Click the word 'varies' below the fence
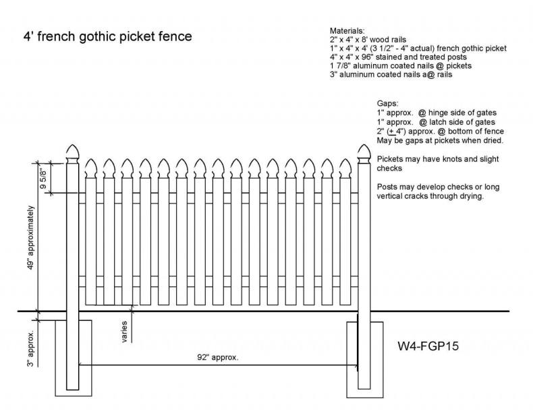coord(125,331)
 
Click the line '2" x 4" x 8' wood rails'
coord(370,40)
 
